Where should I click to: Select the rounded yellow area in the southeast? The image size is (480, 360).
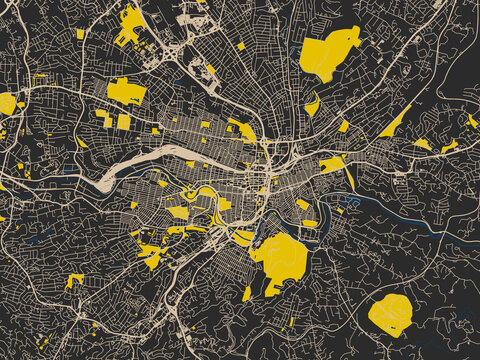pyautogui.click(x=390, y=314)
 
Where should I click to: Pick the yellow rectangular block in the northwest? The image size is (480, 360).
pyautogui.click(x=126, y=91)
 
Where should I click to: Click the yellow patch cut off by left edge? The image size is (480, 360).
pyautogui.click(x=6, y=103)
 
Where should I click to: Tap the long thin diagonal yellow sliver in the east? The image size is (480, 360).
pyautogui.click(x=394, y=122)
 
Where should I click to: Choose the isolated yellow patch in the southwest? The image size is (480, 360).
pyautogui.click(x=74, y=280)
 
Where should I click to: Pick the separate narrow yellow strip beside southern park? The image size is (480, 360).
pyautogui.click(x=247, y=293)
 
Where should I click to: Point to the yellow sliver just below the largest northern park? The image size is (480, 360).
pyautogui.click(x=312, y=104)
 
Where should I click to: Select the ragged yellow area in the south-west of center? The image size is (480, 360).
pyautogui.click(x=151, y=256)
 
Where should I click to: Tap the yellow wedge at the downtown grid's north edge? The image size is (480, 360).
pyautogui.click(x=242, y=130)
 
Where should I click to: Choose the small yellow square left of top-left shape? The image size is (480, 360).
pyautogui.click(x=80, y=34)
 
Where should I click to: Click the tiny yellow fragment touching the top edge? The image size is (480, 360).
pyautogui.click(x=200, y=2)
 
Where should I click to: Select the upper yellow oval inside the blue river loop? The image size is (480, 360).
pyautogui.click(x=208, y=192)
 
